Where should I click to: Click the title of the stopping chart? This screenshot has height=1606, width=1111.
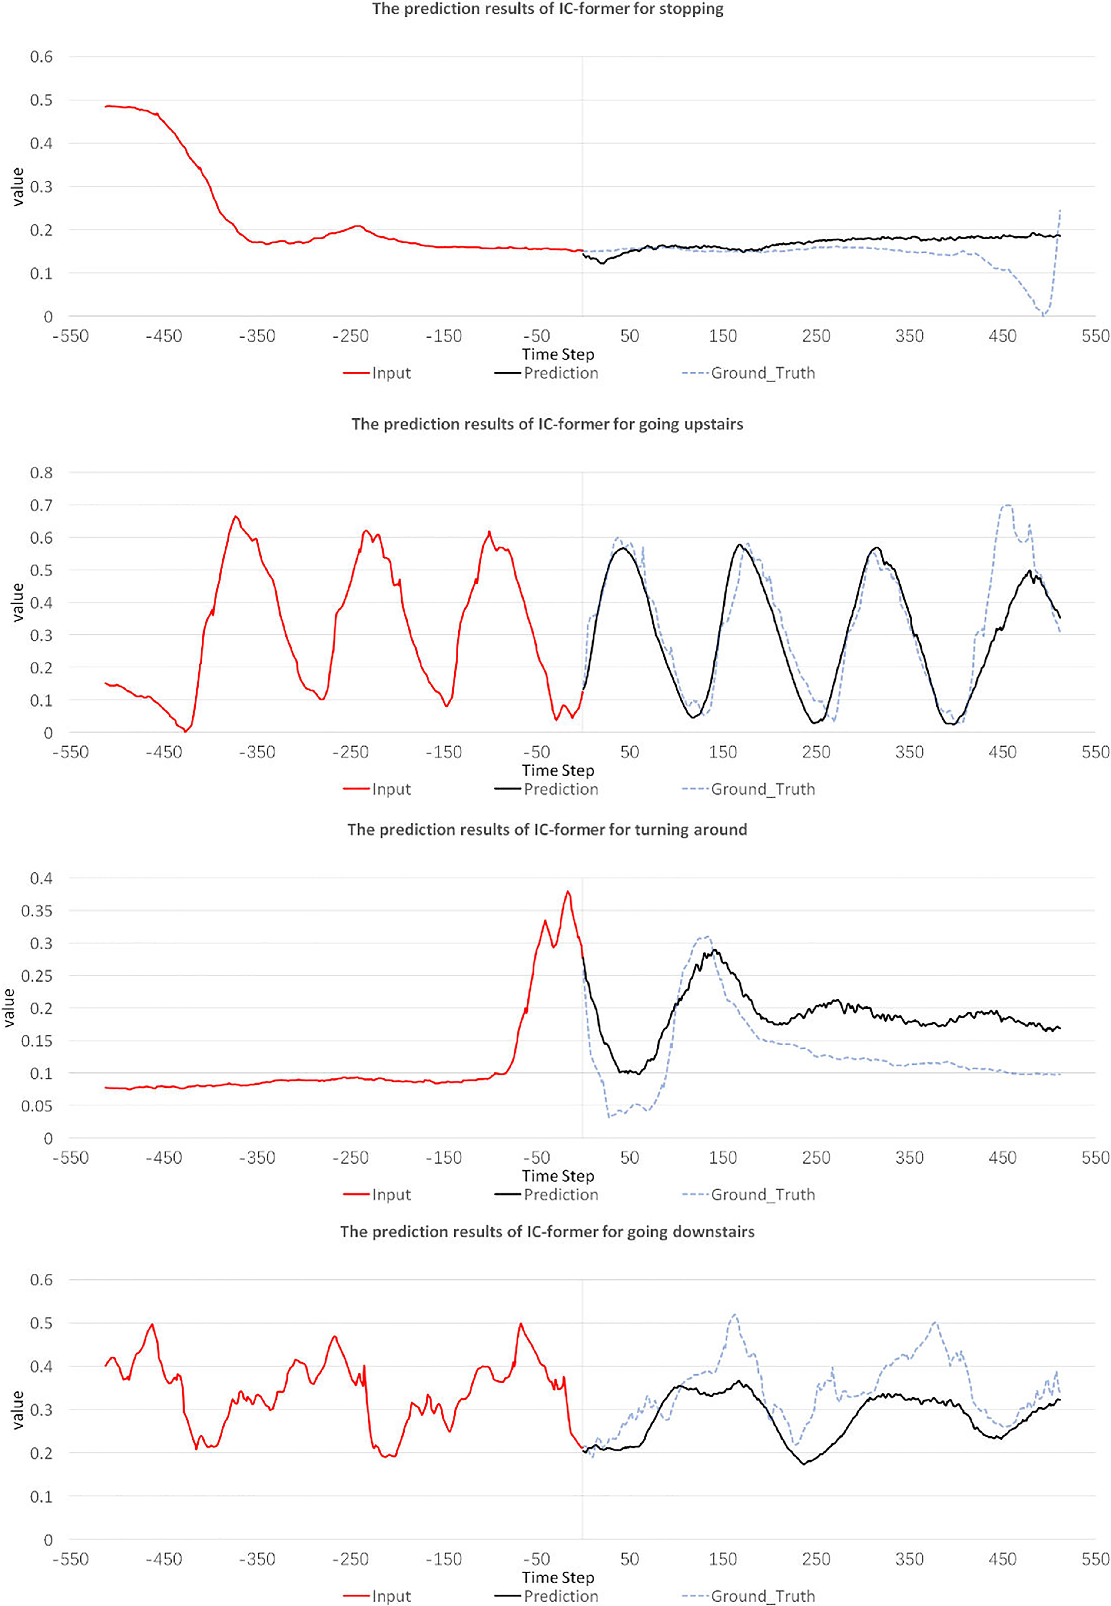pos(547,9)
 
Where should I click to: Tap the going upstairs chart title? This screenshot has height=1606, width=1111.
pos(547,424)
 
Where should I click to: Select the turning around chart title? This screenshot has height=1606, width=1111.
pos(547,829)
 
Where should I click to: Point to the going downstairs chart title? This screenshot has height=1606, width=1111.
pos(547,1231)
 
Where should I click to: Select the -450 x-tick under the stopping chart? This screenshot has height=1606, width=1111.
pos(163,336)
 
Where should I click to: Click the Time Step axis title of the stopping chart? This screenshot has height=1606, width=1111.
pos(558,354)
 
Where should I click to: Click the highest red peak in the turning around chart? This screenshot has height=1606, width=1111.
pos(568,892)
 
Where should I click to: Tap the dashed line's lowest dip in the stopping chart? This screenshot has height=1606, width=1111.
pos(1042,315)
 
